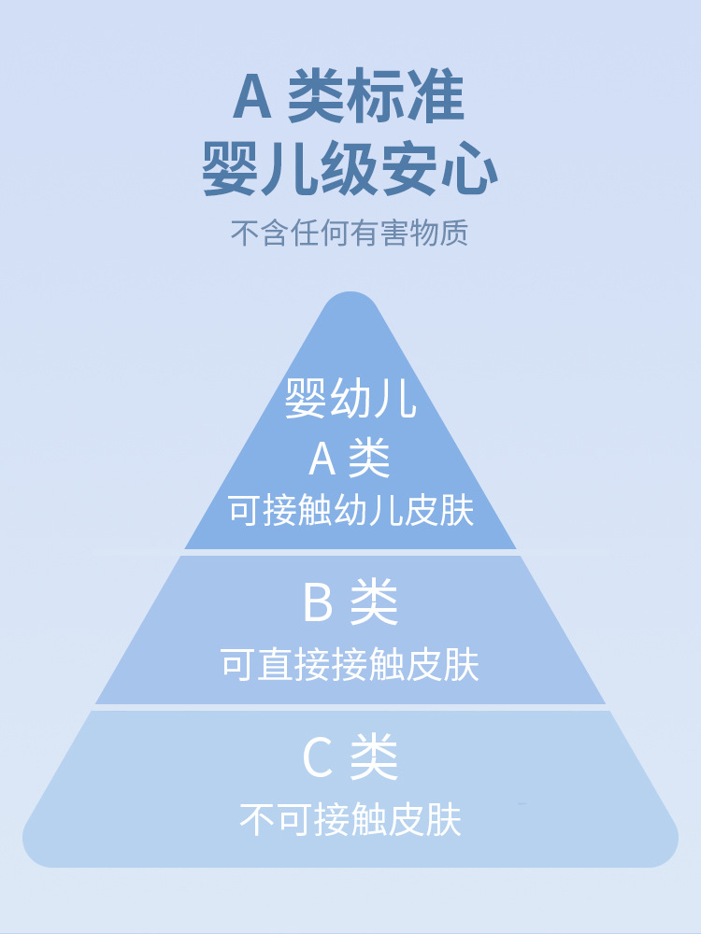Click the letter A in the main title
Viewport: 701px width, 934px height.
point(252,97)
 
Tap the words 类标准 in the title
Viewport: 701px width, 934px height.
point(376,96)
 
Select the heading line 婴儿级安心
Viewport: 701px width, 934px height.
point(350,167)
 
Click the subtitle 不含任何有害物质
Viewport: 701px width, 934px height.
point(350,233)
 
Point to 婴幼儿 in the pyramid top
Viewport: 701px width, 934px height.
point(350,398)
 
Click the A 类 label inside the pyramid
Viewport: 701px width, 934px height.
point(350,458)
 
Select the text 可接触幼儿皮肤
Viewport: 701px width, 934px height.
point(351,510)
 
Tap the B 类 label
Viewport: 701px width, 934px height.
point(350,602)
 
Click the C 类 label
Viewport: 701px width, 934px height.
point(350,757)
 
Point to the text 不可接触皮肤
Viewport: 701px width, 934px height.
point(350,819)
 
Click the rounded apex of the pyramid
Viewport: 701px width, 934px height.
point(350,295)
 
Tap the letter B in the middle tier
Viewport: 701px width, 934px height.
point(318,602)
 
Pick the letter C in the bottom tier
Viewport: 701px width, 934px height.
point(318,757)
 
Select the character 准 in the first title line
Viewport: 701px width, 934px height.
point(437,96)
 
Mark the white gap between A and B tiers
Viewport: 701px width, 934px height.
point(350,552)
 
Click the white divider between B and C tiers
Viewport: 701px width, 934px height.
point(350,707)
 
